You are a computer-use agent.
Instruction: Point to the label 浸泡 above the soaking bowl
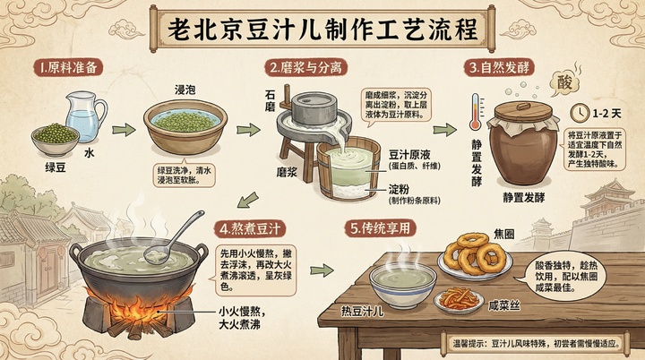pyautogui.click(x=185, y=90)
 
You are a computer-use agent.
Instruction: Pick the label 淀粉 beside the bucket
pyautogui.click(x=400, y=190)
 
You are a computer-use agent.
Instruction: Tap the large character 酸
pyautogui.click(x=564, y=82)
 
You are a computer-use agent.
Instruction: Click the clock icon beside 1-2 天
pyautogui.click(x=580, y=114)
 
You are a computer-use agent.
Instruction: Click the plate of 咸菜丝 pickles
pyautogui.click(x=458, y=299)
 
